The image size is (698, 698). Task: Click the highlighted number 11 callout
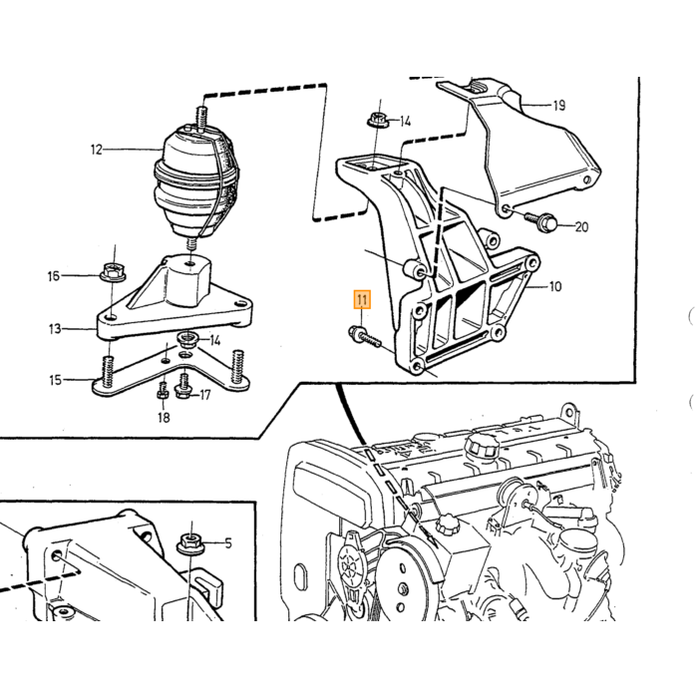[x=362, y=299]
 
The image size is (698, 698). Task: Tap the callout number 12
[x=97, y=150]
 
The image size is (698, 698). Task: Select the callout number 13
[x=55, y=329]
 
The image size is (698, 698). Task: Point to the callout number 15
[x=55, y=380]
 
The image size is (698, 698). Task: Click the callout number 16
[x=54, y=276]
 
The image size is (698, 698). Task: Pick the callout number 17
[x=204, y=395]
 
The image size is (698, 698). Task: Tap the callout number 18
[x=164, y=418]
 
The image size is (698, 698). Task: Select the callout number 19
[x=559, y=106]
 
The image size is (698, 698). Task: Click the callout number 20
[x=581, y=227]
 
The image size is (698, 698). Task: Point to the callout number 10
[x=555, y=286]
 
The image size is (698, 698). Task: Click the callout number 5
[x=228, y=543]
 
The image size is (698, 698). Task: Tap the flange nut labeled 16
[x=113, y=272]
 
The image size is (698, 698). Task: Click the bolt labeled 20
[x=540, y=220]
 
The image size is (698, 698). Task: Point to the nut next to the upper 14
[x=378, y=121]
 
